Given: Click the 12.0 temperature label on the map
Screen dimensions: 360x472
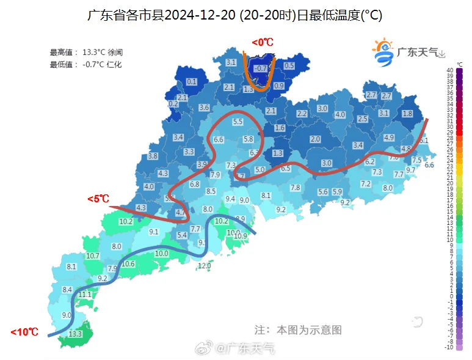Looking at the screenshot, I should click(x=205, y=265).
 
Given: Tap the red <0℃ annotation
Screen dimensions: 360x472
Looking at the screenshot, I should click(x=263, y=42).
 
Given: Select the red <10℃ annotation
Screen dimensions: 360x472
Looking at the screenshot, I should click(x=24, y=332).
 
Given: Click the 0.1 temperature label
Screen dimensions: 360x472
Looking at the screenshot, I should click(x=192, y=81).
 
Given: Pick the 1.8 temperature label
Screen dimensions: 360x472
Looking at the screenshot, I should click(x=407, y=114).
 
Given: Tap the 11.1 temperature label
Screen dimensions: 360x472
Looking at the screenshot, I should click(x=85, y=295).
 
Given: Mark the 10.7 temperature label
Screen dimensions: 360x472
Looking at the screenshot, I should click(x=93, y=255).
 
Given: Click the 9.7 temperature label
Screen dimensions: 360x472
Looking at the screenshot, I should click(x=411, y=170).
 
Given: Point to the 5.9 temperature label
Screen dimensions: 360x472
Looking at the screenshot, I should click(x=337, y=191).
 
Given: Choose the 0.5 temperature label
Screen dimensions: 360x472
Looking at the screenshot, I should click(x=289, y=65).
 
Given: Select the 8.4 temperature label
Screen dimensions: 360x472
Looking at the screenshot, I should click(x=67, y=289).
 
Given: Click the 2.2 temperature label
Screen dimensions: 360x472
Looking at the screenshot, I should click(x=302, y=114).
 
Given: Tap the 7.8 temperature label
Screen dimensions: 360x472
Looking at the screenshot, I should click(x=296, y=187).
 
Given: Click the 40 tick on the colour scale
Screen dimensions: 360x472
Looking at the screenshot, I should click(x=450, y=70).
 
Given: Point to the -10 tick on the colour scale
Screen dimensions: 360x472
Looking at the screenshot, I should click(x=450, y=347).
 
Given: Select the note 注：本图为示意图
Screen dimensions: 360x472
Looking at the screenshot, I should click(x=297, y=329).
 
